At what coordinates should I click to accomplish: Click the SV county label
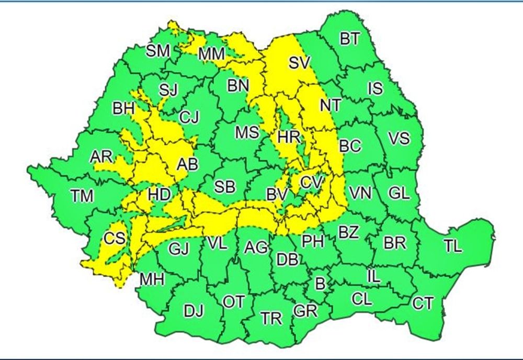(x=300, y=63)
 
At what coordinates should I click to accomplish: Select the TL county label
(x=452, y=246)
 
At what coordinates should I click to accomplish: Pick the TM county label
(x=82, y=196)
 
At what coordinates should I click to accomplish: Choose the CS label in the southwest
(x=114, y=239)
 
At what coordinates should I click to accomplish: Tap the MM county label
(x=212, y=53)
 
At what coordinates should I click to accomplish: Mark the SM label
(x=158, y=51)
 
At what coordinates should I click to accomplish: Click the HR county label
(x=289, y=138)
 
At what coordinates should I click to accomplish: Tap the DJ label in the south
(x=194, y=312)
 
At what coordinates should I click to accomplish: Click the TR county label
(x=271, y=318)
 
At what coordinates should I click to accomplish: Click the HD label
(x=159, y=195)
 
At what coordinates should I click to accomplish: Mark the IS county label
(x=375, y=89)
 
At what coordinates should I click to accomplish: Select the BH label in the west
(x=123, y=109)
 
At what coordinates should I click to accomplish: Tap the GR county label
(x=305, y=311)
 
